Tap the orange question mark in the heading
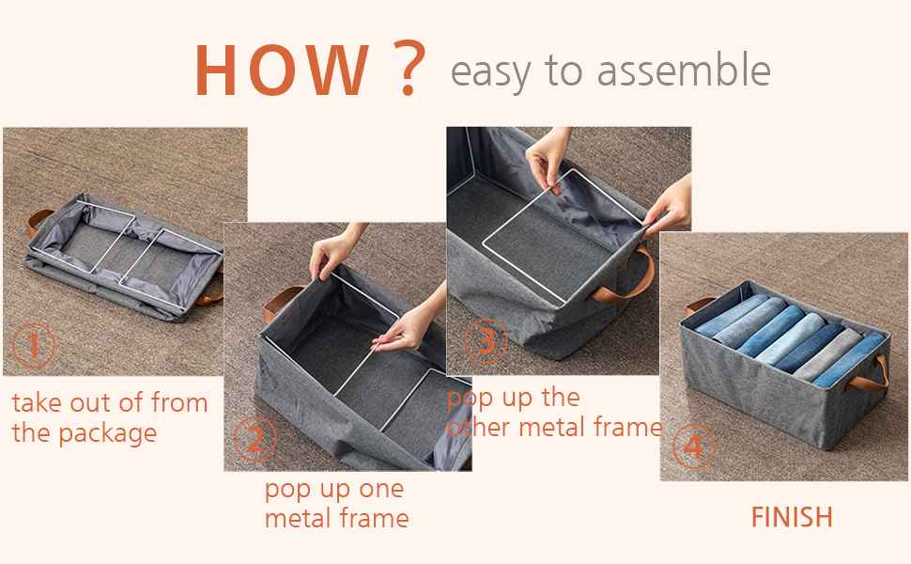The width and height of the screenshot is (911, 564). click(406, 71)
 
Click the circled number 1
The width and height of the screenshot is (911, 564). click(34, 347)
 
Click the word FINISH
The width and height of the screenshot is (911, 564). click(791, 517)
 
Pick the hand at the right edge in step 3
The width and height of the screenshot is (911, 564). click(669, 211)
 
